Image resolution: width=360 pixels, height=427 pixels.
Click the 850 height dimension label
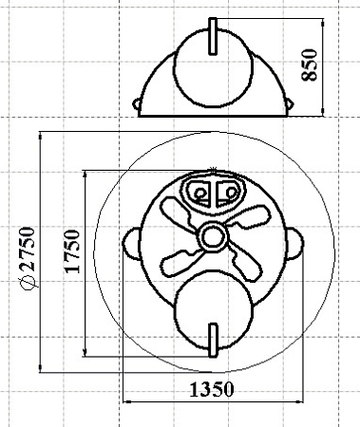pos(310,65)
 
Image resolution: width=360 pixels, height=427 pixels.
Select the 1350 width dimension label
pos(212,389)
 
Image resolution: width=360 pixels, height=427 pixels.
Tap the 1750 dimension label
pos(72,251)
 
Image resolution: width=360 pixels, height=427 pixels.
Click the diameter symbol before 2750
pos(28,281)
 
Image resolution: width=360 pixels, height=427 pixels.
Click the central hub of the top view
pos(211,237)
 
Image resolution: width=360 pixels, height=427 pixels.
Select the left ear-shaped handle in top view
pos(131,244)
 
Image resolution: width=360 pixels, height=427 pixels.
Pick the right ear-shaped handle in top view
pos(294,243)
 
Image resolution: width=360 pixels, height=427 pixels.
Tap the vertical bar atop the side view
pos(213,36)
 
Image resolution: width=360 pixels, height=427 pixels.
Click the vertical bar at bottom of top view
pos(213,341)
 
